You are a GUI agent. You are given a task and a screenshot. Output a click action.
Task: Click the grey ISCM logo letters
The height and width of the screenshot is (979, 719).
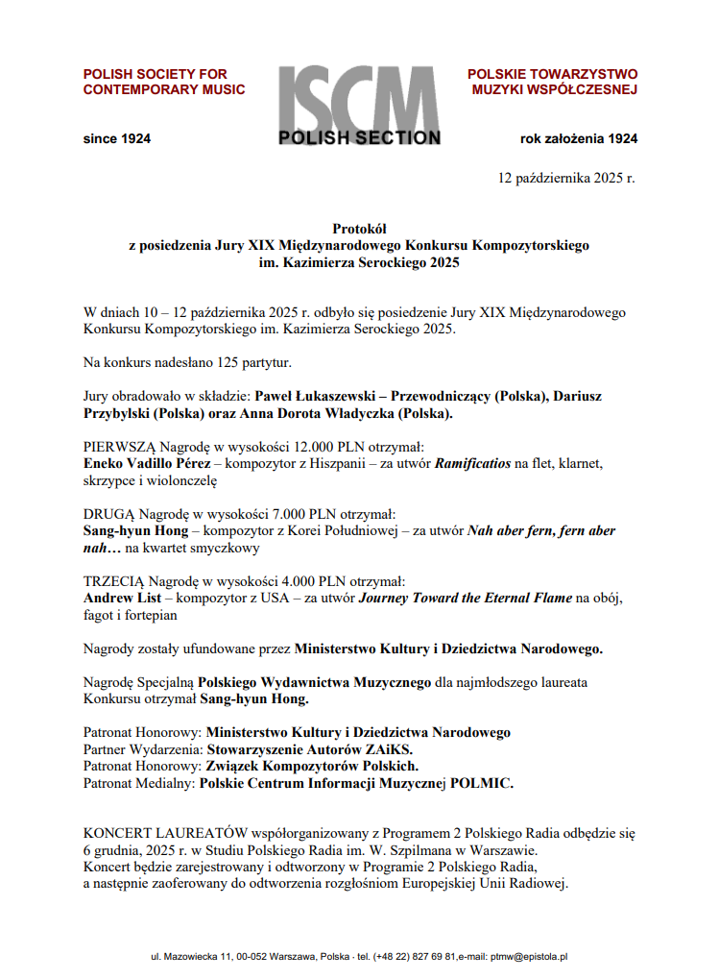[359, 98]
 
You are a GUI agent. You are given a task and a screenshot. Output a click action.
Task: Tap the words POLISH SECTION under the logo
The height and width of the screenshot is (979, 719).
[359, 138]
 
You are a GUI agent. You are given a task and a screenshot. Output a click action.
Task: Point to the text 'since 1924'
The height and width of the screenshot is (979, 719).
[117, 138]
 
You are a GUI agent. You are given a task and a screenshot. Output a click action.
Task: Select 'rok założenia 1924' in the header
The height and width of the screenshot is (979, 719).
[578, 138]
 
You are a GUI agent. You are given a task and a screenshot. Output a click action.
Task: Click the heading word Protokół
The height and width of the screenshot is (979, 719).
[359, 229]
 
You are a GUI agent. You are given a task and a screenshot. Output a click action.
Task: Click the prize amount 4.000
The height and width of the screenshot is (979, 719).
[290, 581]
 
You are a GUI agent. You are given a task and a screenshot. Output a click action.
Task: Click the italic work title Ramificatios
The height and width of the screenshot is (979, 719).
[474, 464]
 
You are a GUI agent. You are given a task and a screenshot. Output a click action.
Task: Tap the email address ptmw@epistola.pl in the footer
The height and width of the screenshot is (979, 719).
[529, 957]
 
